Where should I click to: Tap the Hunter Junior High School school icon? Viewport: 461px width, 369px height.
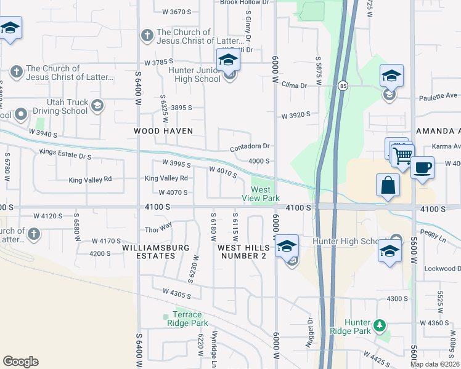coord(228,61)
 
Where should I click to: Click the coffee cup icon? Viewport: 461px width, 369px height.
coord(422,167)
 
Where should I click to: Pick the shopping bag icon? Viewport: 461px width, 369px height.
coord(388,185)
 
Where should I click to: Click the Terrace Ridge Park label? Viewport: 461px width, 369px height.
coord(187,318)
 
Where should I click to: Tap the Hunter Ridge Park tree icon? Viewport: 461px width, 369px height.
coord(380,324)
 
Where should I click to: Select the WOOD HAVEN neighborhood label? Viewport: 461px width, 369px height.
coord(164,131)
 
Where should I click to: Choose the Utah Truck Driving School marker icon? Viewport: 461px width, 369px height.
coord(97,106)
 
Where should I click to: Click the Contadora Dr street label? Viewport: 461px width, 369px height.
coord(250,146)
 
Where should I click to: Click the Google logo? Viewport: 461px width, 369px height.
coord(20,362)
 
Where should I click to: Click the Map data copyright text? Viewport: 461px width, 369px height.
coord(435,364)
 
